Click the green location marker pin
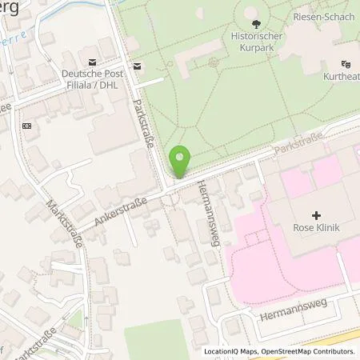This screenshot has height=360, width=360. pos(180,162)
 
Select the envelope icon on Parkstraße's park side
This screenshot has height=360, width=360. pos(138,66)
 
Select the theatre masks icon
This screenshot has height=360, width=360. pos(346,63)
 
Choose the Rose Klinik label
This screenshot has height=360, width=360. pos(316,228)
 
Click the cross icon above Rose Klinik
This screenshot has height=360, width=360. pos(317,215)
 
